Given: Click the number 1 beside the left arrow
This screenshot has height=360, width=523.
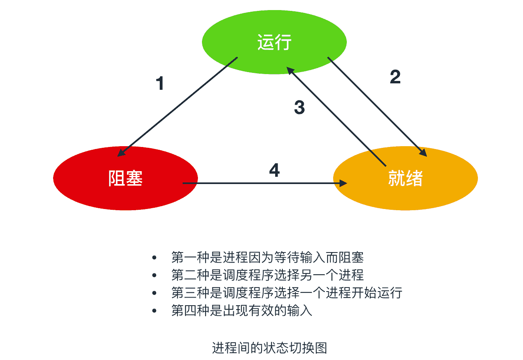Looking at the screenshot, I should [x=160, y=83].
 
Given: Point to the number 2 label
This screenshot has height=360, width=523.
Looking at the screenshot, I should [x=395, y=77].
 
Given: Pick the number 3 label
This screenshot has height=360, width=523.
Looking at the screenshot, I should [x=299, y=108].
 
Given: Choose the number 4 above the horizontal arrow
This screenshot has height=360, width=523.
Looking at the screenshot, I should [x=274, y=170].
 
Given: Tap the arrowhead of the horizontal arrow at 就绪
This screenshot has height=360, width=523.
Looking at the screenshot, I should [x=344, y=183].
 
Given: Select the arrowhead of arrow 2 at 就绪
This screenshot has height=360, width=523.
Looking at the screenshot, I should [x=424, y=153].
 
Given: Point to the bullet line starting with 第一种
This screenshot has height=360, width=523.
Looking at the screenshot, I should [x=267, y=257].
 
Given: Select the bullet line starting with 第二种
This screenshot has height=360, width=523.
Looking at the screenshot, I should [x=267, y=275].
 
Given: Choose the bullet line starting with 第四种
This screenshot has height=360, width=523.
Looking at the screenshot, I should [x=241, y=311].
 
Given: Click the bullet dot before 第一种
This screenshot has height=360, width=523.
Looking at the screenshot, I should [x=154, y=257].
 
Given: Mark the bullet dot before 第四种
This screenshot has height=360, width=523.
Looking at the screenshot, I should [x=154, y=311].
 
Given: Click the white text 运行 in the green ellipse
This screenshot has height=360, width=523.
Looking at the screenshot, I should [x=274, y=43].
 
